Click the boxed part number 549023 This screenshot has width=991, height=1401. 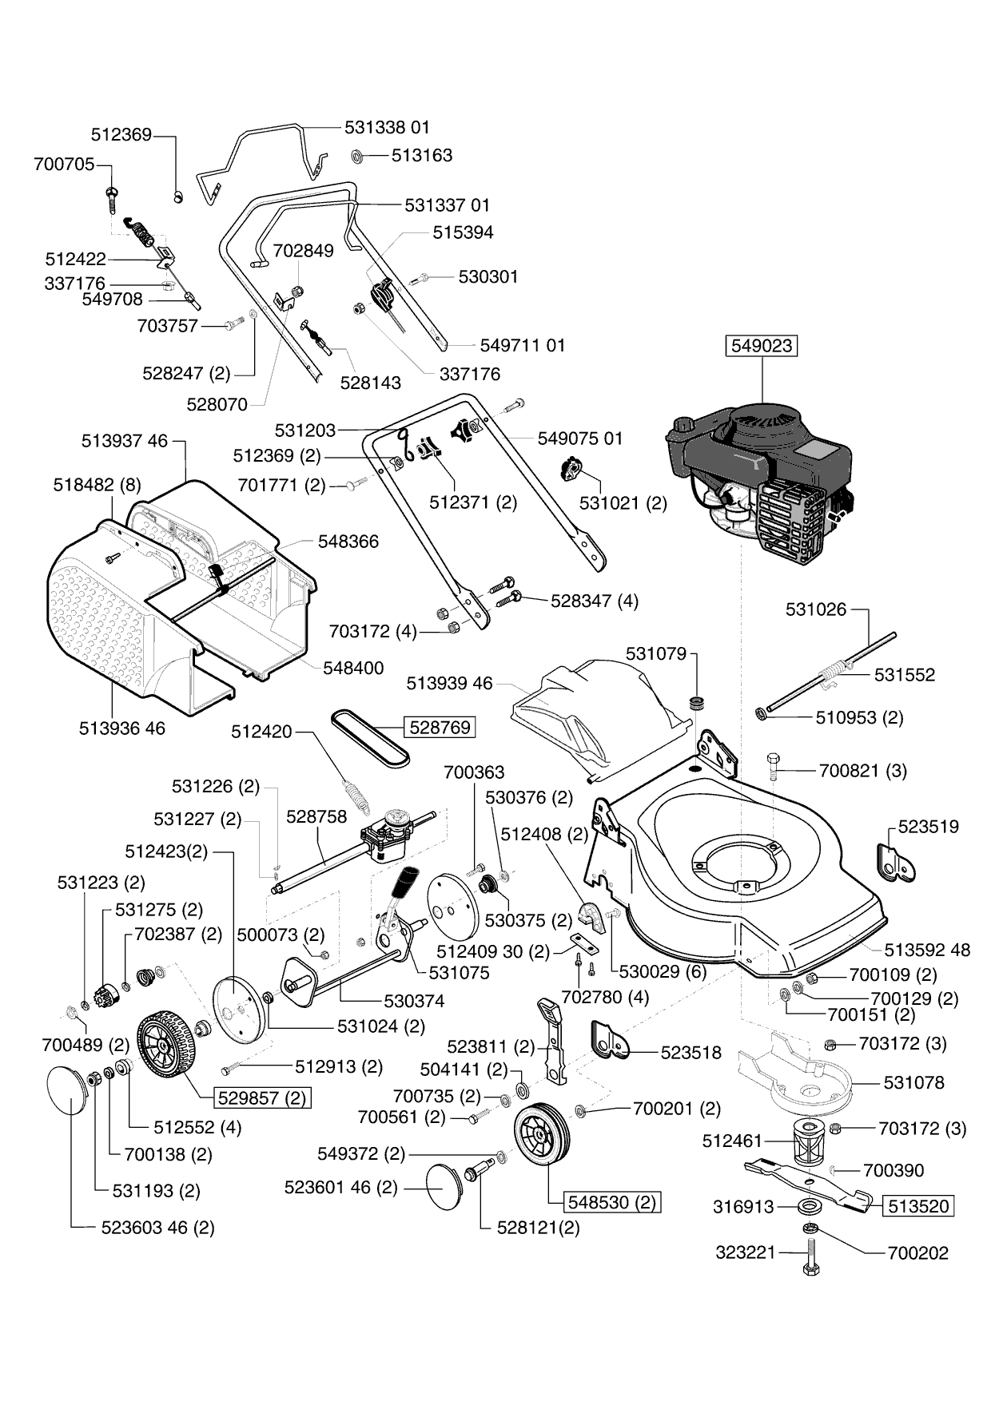pos(762,346)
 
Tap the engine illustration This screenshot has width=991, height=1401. pos(759,479)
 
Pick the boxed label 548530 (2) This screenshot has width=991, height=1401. pos(612,1202)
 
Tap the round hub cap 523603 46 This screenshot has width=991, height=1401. pos(67,1090)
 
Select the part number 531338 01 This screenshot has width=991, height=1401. pos(387,127)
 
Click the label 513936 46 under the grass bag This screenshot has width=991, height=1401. pos(122,728)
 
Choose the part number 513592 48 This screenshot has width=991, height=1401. pos(927,950)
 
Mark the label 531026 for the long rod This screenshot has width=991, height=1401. pos(815,609)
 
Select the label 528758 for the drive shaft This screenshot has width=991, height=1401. pos(316,816)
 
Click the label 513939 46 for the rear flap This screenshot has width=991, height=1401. pos(449,683)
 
